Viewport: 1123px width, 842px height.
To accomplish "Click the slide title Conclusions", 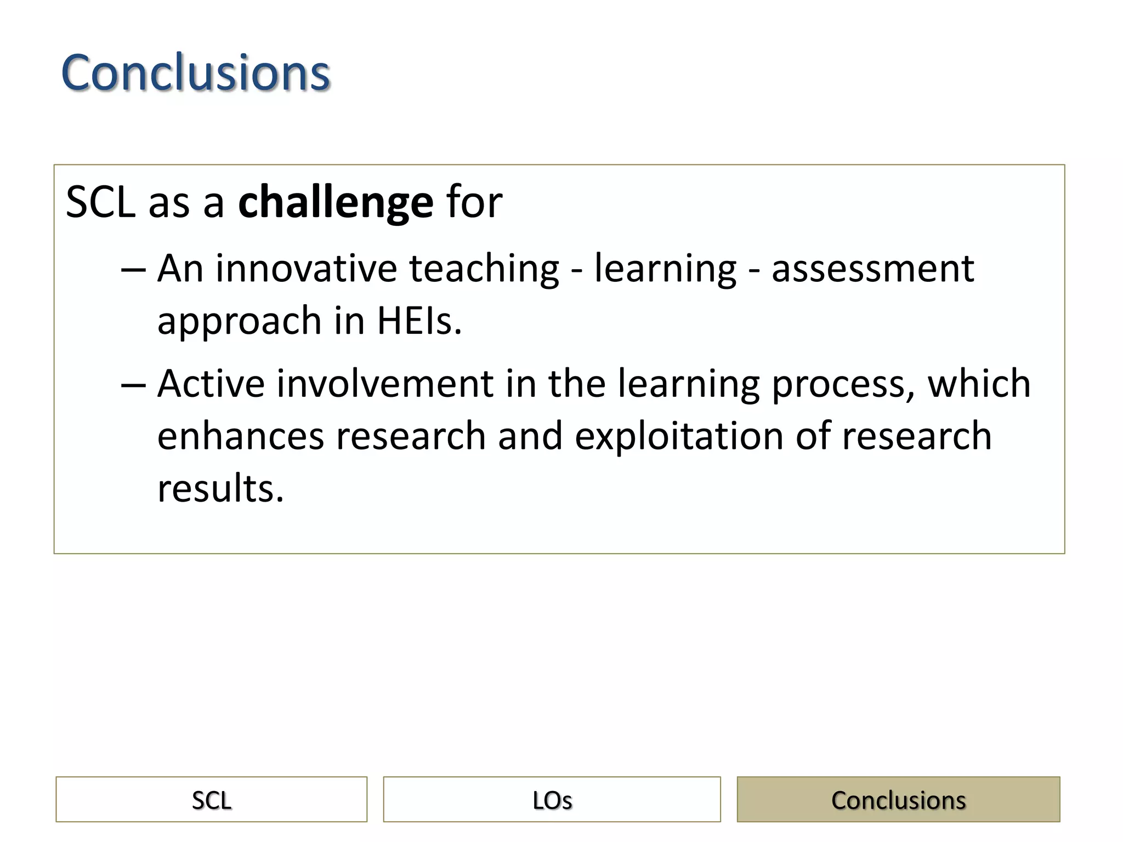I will click(x=195, y=72).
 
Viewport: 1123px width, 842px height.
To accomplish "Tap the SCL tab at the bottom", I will click(x=211, y=800).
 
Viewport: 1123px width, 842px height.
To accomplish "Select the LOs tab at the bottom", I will click(x=552, y=800).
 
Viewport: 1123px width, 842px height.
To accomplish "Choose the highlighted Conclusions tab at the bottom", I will click(x=898, y=800).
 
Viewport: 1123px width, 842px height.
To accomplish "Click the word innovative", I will click(x=306, y=269).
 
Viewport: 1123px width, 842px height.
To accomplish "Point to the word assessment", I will click(x=872, y=269).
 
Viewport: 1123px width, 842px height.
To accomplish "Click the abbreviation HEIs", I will click(x=419, y=321).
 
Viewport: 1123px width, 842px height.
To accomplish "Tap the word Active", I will click(x=211, y=383).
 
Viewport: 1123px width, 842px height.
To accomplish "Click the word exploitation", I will click(x=679, y=436).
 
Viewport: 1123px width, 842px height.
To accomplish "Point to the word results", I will click(x=220, y=488).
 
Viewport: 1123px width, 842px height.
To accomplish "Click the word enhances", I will click(x=241, y=436).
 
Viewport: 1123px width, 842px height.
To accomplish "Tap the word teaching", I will click(x=484, y=269).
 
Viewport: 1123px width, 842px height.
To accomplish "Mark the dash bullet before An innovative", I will click(x=133, y=270).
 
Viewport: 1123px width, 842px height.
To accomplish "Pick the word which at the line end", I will click(x=979, y=383).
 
